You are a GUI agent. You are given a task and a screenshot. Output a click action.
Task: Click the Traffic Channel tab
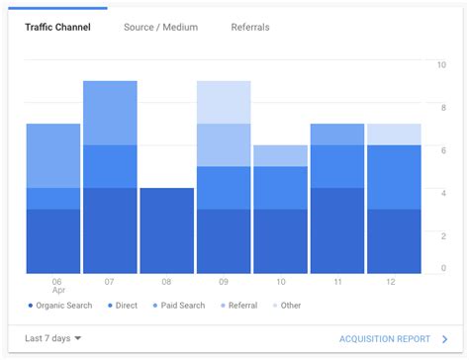click(x=57, y=27)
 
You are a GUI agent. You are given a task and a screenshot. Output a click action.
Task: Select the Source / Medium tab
click(x=160, y=27)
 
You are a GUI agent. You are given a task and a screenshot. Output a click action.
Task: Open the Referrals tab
click(x=250, y=27)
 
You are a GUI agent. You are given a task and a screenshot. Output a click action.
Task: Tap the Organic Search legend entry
click(x=59, y=306)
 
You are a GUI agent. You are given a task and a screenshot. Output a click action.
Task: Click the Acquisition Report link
click(x=386, y=338)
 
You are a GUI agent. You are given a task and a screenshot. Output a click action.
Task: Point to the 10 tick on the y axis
click(x=441, y=65)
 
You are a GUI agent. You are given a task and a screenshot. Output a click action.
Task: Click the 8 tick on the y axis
click(x=442, y=108)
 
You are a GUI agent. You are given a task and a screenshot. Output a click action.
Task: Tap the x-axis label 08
click(x=166, y=282)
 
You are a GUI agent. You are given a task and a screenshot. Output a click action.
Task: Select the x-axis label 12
click(x=394, y=282)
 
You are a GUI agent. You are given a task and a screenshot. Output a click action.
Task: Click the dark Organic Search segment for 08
click(x=166, y=230)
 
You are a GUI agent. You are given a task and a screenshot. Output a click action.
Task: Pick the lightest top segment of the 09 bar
click(x=224, y=102)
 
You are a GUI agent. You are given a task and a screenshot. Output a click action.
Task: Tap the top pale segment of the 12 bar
click(x=394, y=135)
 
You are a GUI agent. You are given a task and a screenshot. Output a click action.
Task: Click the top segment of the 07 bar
click(x=110, y=113)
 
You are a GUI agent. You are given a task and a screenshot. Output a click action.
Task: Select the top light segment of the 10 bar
click(x=280, y=155)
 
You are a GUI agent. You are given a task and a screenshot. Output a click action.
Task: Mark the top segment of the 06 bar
click(x=53, y=155)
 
